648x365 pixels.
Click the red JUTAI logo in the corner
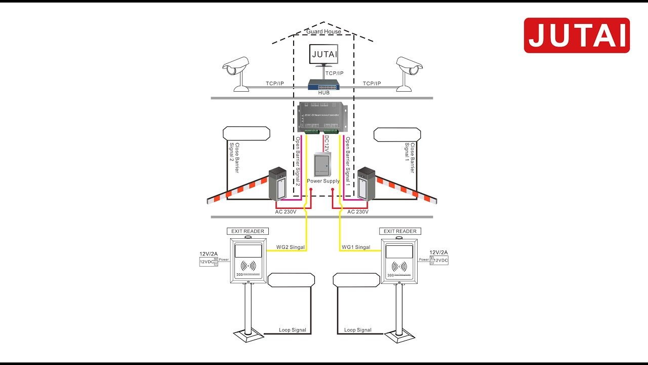(577, 35)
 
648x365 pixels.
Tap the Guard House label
(323, 32)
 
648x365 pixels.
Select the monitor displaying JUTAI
(324, 54)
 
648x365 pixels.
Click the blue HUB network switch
(324, 85)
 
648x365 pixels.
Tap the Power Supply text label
(323, 181)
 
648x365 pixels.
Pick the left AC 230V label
(286, 212)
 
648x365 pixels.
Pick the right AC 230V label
(358, 212)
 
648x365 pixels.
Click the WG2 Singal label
(290, 247)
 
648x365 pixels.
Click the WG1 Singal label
(356, 247)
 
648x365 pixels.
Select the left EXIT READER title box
(248, 231)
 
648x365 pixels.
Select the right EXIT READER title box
(400, 231)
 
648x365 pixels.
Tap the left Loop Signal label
(293, 330)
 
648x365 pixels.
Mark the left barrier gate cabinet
(278, 184)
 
